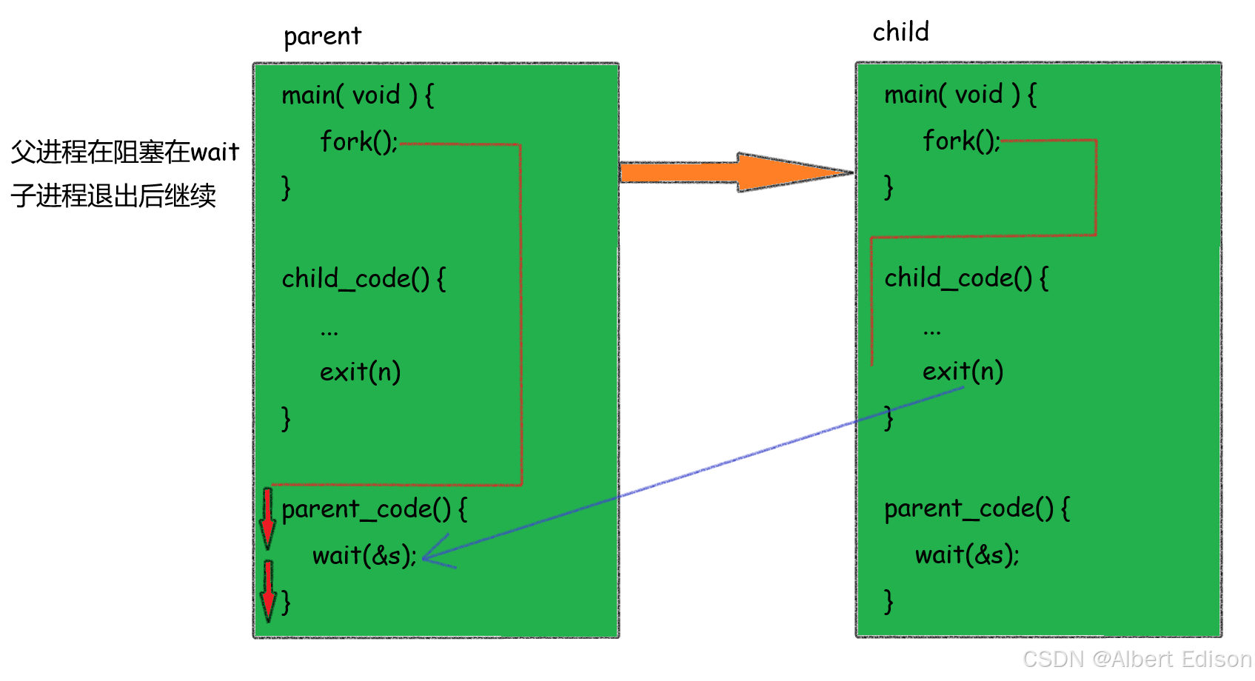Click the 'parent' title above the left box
click(x=322, y=36)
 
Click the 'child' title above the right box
click(x=900, y=32)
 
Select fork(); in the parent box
click(x=359, y=141)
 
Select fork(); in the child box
click(x=961, y=141)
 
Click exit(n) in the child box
click(x=963, y=371)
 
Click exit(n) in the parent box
click(x=360, y=372)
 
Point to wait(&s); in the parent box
click(x=364, y=555)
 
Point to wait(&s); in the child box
click(x=967, y=554)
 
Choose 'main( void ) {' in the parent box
click(x=358, y=95)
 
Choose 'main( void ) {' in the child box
click(x=960, y=95)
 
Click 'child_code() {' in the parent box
click(x=364, y=279)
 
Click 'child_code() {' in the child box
click(x=966, y=278)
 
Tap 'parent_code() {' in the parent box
click(x=374, y=509)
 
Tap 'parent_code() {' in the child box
click(x=977, y=509)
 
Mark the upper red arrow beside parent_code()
click(x=267, y=517)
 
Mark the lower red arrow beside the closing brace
click(x=268, y=591)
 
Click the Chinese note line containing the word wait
click(x=124, y=152)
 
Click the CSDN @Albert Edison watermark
click(x=1137, y=659)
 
